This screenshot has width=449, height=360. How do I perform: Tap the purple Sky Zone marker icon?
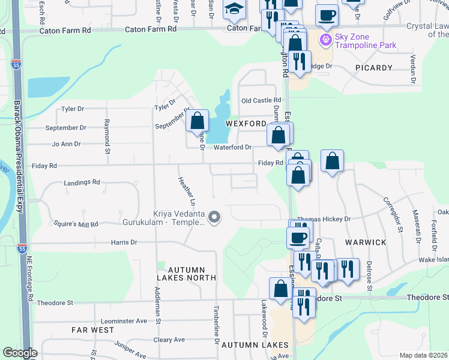click(x=326, y=40)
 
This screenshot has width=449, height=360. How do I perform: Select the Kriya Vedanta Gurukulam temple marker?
click(x=213, y=217)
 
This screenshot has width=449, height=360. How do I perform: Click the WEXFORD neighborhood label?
click(x=246, y=124)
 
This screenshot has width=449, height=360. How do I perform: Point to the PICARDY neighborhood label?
click(x=373, y=68)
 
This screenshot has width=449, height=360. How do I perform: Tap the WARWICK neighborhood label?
click(x=366, y=242)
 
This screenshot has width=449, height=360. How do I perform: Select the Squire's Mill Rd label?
click(x=76, y=224)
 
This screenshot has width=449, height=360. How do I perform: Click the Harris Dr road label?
click(x=124, y=242)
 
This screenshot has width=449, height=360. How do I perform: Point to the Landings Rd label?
click(x=82, y=182)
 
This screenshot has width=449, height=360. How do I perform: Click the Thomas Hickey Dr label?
click(x=323, y=220)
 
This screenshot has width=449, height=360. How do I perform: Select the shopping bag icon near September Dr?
click(x=197, y=121)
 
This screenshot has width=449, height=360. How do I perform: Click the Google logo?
click(x=20, y=353)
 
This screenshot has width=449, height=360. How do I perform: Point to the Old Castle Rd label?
click(x=261, y=100)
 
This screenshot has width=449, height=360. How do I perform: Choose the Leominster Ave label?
click(x=125, y=321)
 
